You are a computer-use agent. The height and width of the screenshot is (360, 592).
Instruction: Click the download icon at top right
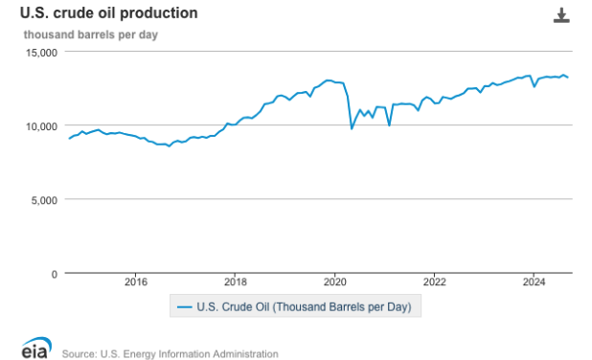(x=562, y=15)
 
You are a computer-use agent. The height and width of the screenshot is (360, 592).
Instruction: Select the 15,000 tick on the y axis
(x=40, y=52)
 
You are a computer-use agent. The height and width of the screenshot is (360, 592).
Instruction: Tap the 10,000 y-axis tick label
(x=40, y=125)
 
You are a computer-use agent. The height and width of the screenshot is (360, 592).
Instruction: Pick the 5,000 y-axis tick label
(x=43, y=199)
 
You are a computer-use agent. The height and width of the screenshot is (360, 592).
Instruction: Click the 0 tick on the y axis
(x=55, y=274)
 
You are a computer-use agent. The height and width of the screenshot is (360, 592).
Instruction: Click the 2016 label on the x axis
(x=135, y=281)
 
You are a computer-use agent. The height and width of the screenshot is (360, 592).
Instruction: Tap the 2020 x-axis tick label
(x=334, y=281)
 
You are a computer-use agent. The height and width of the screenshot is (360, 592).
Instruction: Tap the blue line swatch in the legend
(x=183, y=307)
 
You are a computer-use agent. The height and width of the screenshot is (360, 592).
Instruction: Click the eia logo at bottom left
(x=35, y=348)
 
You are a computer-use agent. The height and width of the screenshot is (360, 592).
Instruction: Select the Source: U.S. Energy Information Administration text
(x=170, y=353)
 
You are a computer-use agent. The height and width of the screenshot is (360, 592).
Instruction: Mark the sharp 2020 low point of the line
(x=352, y=128)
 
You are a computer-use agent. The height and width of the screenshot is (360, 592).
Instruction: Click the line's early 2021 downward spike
(x=389, y=124)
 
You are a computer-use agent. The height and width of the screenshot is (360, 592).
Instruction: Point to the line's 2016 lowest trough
(x=170, y=146)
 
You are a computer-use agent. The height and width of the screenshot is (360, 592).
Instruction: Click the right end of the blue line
(x=568, y=78)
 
